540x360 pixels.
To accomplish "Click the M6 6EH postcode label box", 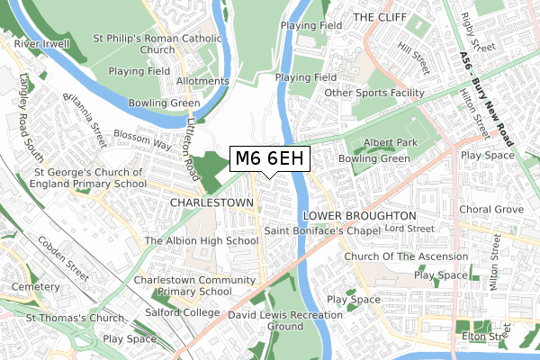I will click(x=271, y=159).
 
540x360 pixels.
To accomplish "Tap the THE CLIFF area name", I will click(x=382, y=17).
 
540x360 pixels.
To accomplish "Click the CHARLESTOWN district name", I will click(x=211, y=203).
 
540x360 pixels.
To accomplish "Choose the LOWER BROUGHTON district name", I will click(x=360, y=217).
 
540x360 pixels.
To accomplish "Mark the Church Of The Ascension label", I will click(x=406, y=257).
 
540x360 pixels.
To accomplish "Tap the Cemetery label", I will click(x=35, y=286).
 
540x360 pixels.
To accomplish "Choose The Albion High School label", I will click(x=202, y=241).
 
